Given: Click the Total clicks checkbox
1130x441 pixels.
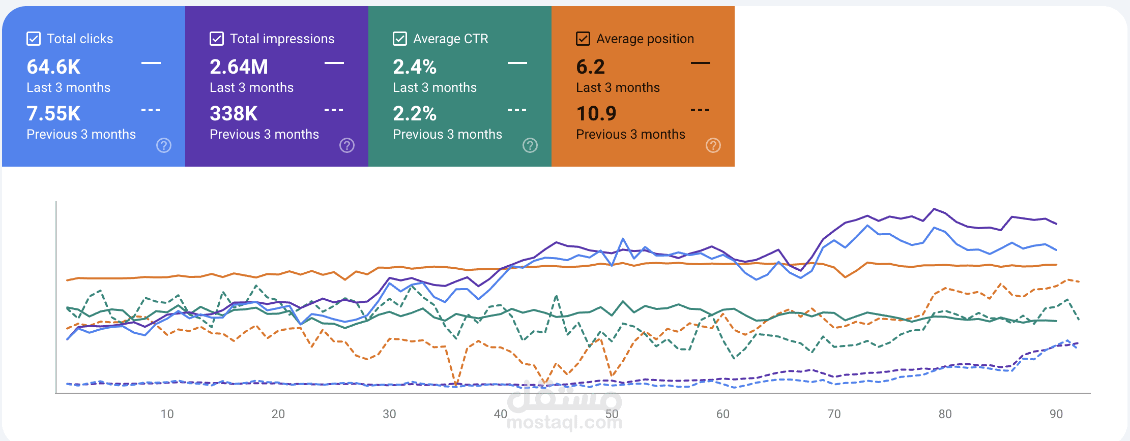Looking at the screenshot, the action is (x=34, y=39).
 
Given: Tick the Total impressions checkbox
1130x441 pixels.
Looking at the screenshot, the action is (x=217, y=39).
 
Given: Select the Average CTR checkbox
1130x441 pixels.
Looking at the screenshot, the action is (x=400, y=39).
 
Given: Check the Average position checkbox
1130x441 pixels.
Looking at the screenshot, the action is (x=583, y=39).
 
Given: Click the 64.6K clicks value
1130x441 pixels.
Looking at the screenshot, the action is (x=53, y=67).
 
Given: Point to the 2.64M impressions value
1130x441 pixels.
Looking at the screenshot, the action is (x=239, y=67).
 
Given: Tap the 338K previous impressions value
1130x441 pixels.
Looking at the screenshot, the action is (x=234, y=113).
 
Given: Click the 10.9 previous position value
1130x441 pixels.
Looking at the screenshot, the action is (x=596, y=113).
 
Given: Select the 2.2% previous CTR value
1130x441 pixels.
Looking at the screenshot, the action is (x=415, y=113).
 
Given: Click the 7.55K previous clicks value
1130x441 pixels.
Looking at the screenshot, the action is (x=53, y=113).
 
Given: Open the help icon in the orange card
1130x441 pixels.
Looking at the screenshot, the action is (x=713, y=145).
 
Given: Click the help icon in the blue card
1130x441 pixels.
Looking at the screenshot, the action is (x=164, y=145).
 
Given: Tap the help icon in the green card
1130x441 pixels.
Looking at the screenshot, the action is (x=530, y=145).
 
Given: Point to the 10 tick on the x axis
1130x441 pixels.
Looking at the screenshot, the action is (x=167, y=414).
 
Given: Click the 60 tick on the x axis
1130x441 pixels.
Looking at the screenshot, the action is (x=722, y=414).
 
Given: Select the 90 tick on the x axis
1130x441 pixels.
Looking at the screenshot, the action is (x=1056, y=414).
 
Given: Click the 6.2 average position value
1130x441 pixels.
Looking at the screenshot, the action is (x=590, y=67).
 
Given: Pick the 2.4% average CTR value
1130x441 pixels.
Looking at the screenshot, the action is (x=415, y=67).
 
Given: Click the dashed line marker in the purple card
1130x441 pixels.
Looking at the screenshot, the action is (x=334, y=110).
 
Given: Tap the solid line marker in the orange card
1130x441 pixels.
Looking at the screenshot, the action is (x=701, y=63).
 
